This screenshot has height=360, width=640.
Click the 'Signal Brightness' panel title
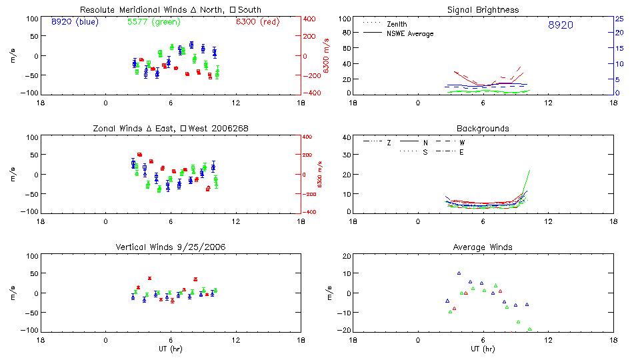pyautogui.click(x=483, y=10)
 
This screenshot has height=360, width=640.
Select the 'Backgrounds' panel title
pyautogui.click(x=483, y=128)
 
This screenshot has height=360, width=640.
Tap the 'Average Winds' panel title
pyautogui.click(x=483, y=247)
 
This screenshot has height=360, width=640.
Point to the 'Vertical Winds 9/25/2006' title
pyautogui.click(x=171, y=247)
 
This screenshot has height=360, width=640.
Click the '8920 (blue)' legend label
pyautogui.click(x=73, y=21)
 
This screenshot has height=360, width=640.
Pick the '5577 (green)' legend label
pyautogui.click(x=153, y=21)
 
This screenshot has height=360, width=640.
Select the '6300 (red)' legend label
pyautogui.click(x=257, y=21)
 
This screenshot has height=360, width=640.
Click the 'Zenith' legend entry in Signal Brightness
pyautogui.click(x=397, y=24)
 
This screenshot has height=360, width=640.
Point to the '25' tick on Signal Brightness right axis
pyautogui.click(x=619, y=19)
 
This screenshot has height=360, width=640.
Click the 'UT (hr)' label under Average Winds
pyautogui.click(x=483, y=349)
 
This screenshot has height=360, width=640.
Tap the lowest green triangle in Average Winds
pyautogui.click(x=530, y=329)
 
